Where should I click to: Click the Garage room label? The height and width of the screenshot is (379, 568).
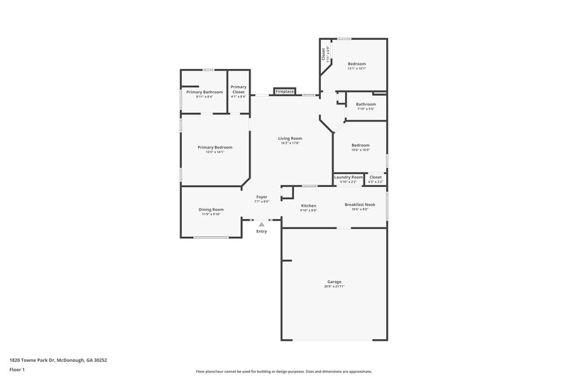pyautogui.click(x=334, y=282)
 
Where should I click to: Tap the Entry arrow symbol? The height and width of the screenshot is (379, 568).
pyautogui.click(x=261, y=224)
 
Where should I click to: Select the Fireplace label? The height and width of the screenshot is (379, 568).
pyautogui.click(x=285, y=92)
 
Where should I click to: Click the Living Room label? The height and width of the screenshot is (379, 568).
pyautogui.click(x=290, y=138)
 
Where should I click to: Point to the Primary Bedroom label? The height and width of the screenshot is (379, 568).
pyautogui.click(x=214, y=147)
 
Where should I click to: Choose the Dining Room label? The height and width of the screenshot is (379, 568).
pyautogui.click(x=211, y=209)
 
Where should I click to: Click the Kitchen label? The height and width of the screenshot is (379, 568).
pyautogui.click(x=308, y=205)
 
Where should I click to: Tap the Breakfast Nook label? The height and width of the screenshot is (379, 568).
pyautogui.click(x=356, y=205)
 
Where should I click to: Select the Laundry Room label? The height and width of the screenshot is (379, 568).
pyautogui.click(x=348, y=177)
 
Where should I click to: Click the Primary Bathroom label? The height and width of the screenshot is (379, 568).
pyautogui.click(x=204, y=92)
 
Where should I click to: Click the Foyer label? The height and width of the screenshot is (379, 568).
pyautogui.click(x=261, y=197)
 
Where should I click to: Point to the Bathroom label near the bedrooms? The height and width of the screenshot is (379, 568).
pyautogui.click(x=366, y=105)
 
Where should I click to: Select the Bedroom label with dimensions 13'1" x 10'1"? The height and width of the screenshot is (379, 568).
pyautogui.click(x=356, y=64)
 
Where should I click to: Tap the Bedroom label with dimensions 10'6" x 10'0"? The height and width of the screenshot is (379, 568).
pyautogui.click(x=361, y=145)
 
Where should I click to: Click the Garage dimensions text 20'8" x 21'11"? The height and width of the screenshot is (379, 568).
pyautogui.click(x=334, y=286)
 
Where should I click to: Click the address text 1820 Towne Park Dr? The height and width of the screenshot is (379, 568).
pyautogui.click(x=58, y=360)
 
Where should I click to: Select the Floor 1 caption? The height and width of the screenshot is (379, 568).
pyautogui.click(x=17, y=370)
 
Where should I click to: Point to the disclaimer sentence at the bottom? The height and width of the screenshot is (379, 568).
pyautogui.click(x=283, y=371)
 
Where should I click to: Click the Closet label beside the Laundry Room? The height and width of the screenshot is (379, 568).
pyautogui.click(x=375, y=177)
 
